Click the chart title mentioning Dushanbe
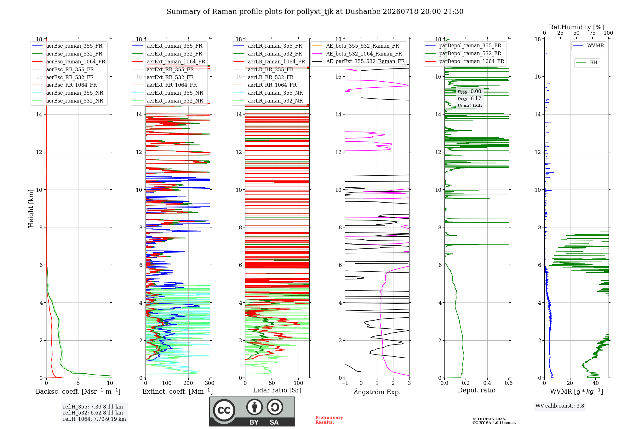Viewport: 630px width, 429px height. tap(315, 12)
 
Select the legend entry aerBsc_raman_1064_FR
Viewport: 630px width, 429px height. tap(69, 62)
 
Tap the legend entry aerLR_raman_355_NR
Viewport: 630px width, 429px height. tap(268, 93)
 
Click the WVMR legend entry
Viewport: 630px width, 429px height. tap(589, 46)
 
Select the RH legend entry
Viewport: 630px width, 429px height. tap(587, 63)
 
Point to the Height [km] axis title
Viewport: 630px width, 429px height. tap(31, 209)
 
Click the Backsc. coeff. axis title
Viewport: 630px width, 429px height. tap(78, 391)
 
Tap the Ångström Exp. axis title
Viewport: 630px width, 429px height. tap(377, 392)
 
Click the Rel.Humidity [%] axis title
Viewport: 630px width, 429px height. tap(576, 27)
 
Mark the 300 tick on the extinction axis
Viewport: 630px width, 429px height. tap(210, 383)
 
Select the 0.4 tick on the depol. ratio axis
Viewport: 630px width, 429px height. tap(487, 383)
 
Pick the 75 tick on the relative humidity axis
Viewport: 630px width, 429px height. tap(593, 33)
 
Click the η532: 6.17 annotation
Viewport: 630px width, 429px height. tap(469, 99)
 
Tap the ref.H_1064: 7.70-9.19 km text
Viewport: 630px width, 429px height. tap(94, 419)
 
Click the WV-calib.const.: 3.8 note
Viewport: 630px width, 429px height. tap(560, 406)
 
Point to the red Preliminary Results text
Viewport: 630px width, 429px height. tap(329, 420)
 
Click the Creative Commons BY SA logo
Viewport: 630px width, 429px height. tap(252, 412)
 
